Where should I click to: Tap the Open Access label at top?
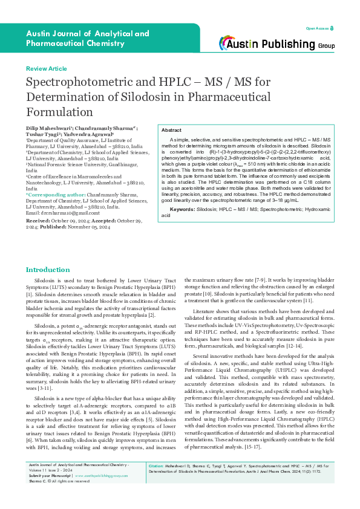coord(317,28)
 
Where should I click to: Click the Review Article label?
coord(46,70)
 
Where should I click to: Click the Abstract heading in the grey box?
coord(172,131)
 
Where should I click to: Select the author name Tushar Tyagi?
coord(41,134)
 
